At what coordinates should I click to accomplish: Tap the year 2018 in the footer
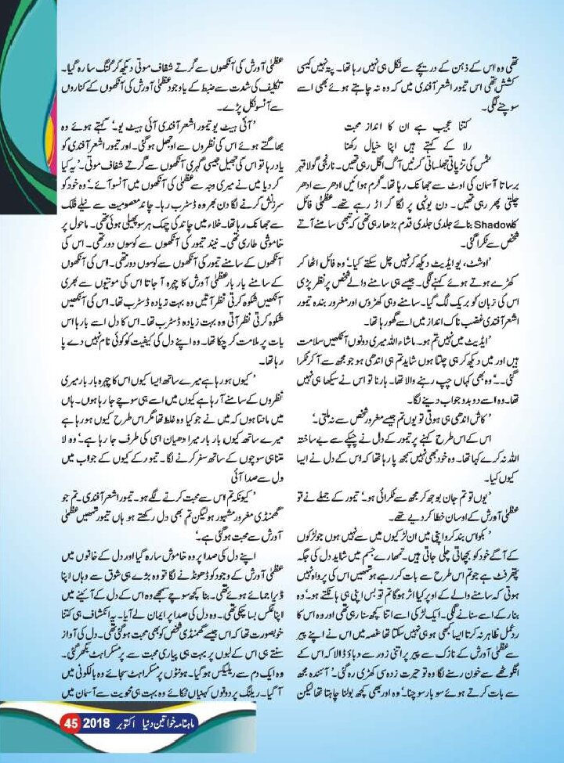(93, 740)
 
